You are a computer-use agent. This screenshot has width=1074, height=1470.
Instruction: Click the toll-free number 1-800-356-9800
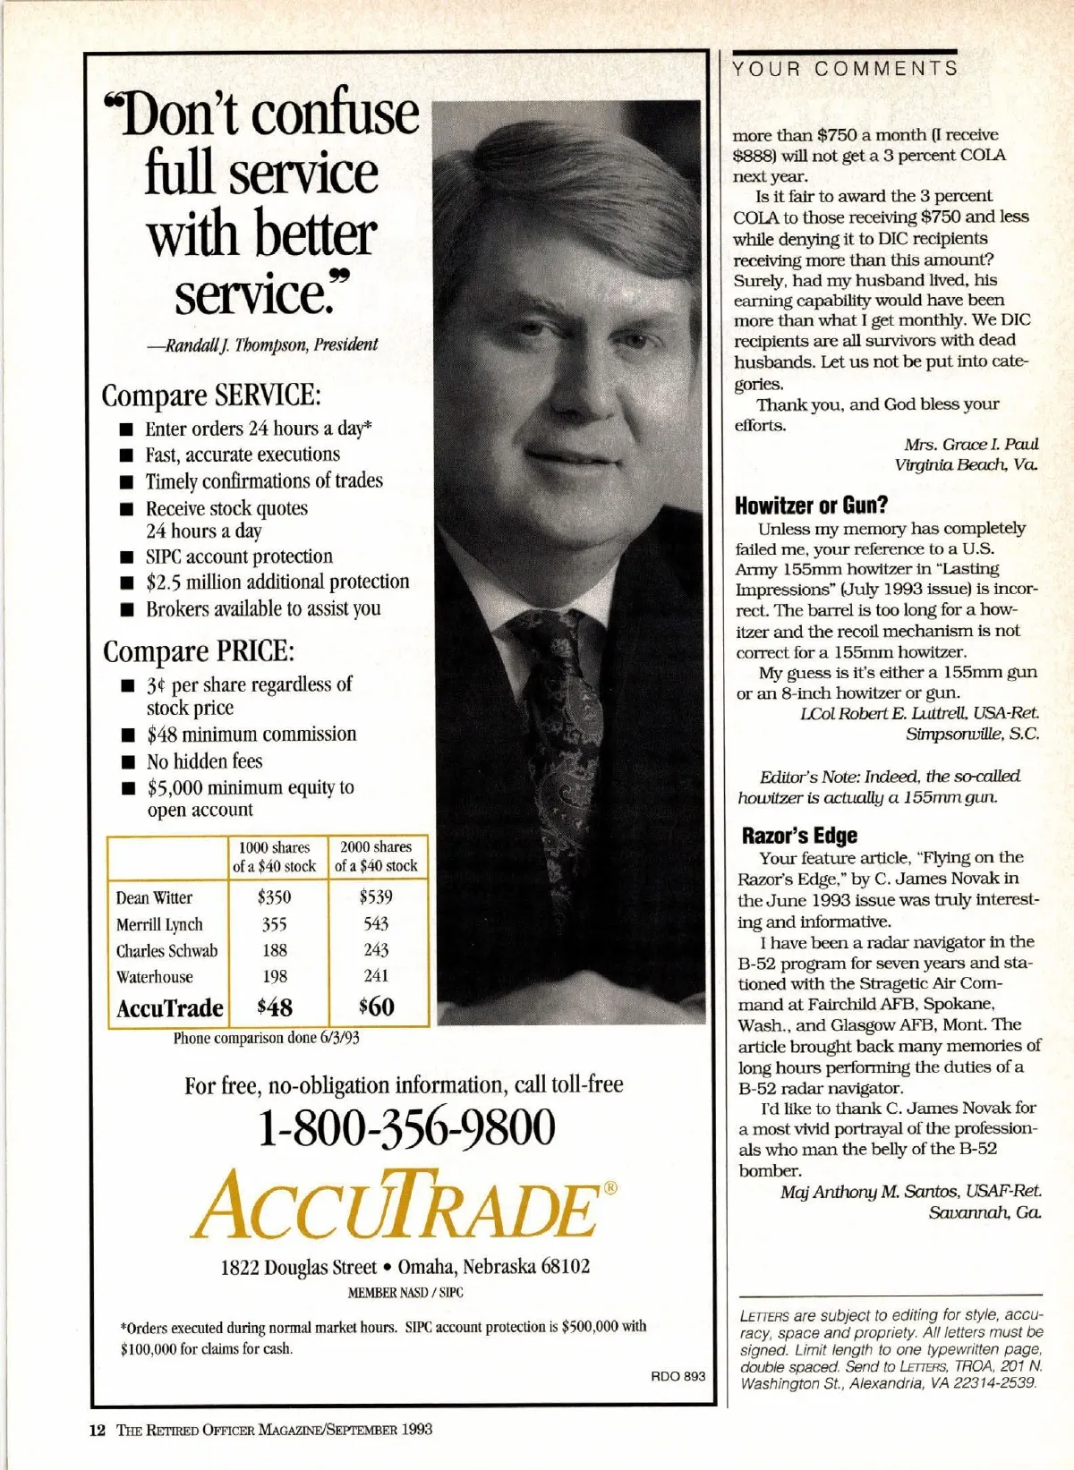(405, 1129)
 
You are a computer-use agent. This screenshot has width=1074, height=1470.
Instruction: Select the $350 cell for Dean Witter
(274, 896)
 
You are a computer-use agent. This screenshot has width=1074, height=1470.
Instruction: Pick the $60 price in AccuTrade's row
(376, 1007)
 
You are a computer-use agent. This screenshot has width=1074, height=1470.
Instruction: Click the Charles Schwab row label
(166, 951)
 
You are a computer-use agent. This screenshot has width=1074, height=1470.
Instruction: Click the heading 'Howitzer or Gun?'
(811, 505)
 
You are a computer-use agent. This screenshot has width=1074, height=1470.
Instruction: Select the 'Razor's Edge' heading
(799, 836)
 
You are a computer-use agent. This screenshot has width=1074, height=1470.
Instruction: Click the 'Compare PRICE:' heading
(199, 651)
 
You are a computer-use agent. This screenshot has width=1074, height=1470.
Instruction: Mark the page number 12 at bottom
(98, 1430)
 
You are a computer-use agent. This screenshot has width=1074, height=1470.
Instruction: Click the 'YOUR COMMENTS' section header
(845, 69)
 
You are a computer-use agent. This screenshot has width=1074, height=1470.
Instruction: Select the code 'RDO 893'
(678, 1376)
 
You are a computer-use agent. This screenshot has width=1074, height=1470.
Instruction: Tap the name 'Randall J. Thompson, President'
(268, 345)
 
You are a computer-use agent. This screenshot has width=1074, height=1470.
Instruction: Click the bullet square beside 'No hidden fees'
(129, 763)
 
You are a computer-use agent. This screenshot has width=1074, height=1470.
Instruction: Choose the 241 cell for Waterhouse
(376, 976)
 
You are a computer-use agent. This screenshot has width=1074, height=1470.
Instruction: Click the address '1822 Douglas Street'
(299, 1267)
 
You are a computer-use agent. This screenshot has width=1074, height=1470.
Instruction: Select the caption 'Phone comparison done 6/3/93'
(266, 1038)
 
